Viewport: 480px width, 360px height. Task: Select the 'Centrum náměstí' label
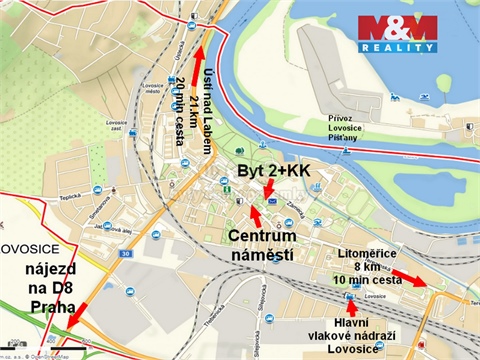click(261, 246)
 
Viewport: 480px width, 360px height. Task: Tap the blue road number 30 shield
click(122, 254)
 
